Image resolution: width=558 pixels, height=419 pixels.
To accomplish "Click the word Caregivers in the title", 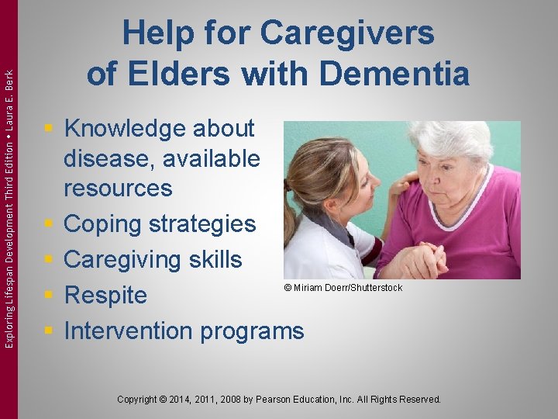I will [347, 34].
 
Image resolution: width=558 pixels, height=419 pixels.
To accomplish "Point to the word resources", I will [118, 189].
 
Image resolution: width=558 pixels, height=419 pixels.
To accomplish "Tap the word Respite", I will [105, 296].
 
